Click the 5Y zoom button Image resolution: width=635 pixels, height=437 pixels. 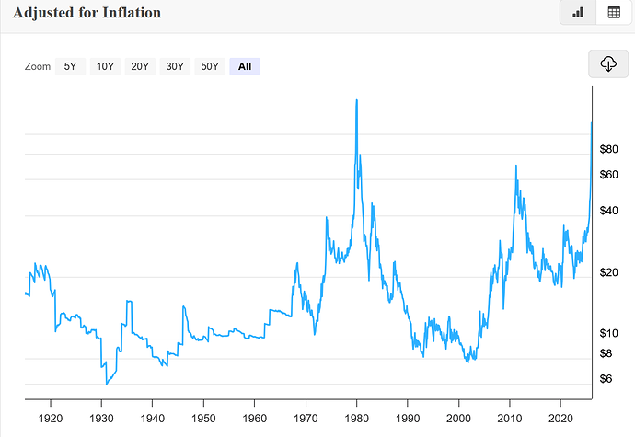tap(70, 66)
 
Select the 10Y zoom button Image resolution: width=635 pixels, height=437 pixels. tap(105, 66)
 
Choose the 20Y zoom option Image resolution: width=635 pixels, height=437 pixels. tap(140, 66)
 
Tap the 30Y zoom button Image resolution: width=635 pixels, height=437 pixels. tap(175, 66)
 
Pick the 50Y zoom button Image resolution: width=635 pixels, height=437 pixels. tap(210, 66)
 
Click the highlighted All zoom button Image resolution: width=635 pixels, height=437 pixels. tap(245, 66)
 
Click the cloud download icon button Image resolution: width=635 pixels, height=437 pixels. tap(607, 63)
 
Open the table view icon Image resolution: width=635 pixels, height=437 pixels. tap(613, 13)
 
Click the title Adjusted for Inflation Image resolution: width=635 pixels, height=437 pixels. tap(87, 13)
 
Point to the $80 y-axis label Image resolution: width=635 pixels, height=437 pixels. tap(608, 149)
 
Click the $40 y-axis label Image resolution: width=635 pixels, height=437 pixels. tap(608, 211)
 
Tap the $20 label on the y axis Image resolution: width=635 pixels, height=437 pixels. tap(608, 272)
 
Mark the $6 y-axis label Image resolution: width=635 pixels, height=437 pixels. tap(605, 379)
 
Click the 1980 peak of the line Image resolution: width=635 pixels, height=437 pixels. tap(356, 99)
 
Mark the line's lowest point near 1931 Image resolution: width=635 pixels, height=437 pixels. tap(106, 384)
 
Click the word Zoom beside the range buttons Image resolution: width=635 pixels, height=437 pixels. tap(38, 66)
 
